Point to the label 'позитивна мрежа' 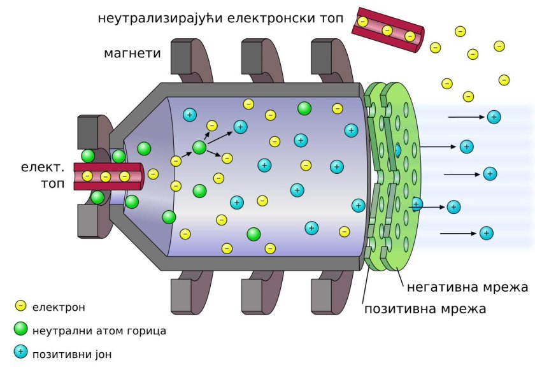click(425, 309)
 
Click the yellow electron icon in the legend click(20, 306)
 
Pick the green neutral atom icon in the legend click(20, 329)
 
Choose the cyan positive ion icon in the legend click(20, 352)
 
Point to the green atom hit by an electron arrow click(199, 148)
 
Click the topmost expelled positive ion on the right click(494, 117)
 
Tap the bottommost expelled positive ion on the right click(487, 233)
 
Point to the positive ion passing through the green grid click(417, 204)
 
